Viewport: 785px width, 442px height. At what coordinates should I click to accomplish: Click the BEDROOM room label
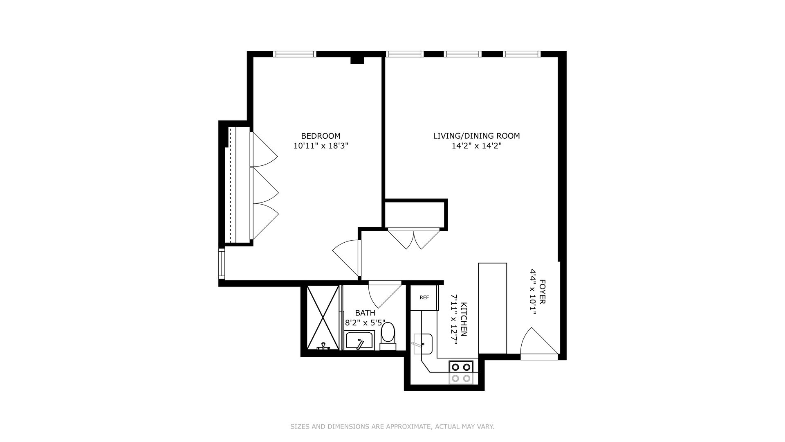[x=321, y=136]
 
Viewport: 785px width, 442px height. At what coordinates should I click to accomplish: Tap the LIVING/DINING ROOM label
[x=476, y=136]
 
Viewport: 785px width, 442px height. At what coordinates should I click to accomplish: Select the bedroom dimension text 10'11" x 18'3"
[x=321, y=146]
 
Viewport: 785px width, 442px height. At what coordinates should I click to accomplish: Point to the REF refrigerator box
[x=424, y=298]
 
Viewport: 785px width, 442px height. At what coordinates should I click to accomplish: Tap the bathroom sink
[x=359, y=341]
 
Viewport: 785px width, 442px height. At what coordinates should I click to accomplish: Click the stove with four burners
[x=461, y=372]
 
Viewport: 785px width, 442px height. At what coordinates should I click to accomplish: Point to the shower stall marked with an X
[x=323, y=318]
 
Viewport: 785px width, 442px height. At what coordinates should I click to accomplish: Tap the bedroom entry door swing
[x=347, y=258]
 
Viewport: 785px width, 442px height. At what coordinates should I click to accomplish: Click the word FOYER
[x=542, y=291]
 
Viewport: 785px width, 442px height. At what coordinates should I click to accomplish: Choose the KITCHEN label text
[x=464, y=319]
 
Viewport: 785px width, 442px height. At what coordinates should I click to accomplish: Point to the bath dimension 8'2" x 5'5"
[x=365, y=322]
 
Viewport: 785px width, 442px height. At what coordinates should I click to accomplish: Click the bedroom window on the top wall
[x=294, y=54]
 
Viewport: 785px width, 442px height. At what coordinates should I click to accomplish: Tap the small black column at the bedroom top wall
[x=357, y=61]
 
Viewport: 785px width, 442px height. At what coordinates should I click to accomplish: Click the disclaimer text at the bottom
[x=392, y=426]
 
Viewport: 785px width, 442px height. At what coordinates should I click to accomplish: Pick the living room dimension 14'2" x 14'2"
[x=476, y=146]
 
